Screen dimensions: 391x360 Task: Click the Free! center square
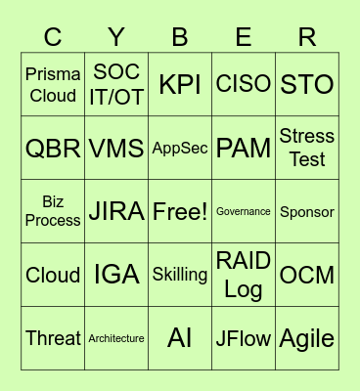(180, 211)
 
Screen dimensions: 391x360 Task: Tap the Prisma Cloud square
(53, 85)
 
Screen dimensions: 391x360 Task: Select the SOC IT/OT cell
(116, 85)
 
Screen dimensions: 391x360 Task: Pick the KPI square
(180, 85)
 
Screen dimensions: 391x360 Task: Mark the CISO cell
(244, 85)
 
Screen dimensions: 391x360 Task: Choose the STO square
(307, 85)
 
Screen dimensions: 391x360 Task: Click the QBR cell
(53, 149)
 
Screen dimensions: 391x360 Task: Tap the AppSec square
(180, 149)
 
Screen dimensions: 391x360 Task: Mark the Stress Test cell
(307, 149)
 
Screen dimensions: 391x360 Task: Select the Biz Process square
(53, 211)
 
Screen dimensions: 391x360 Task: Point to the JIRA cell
(116, 211)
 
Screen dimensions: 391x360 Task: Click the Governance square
(244, 211)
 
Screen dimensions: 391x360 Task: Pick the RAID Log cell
(244, 275)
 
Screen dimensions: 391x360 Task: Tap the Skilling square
(180, 275)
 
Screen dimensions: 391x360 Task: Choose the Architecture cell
(116, 338)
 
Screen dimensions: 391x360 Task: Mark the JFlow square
(244, 338)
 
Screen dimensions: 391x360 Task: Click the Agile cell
(307, 338)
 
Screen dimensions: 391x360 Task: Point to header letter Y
(116, 37)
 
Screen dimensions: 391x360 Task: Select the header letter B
(180, 37)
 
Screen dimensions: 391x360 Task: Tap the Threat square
(53, 338)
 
